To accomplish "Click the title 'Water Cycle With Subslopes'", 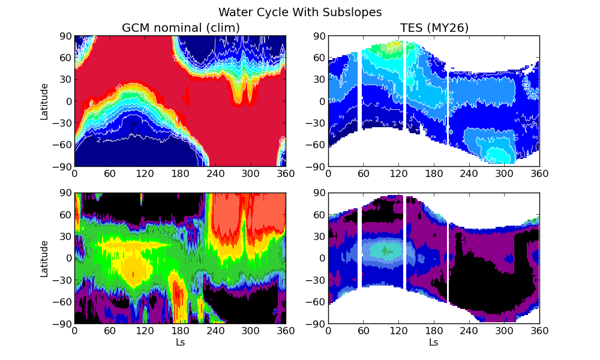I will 300,12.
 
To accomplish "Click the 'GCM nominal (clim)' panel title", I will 181,28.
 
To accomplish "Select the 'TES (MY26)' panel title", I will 434,28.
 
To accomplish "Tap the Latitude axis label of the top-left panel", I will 44,101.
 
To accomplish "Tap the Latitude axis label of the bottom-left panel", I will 44,259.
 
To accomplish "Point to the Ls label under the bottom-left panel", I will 180,343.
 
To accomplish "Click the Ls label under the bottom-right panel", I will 434,343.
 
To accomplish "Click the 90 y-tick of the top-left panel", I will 65,36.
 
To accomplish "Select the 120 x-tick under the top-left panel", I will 145,173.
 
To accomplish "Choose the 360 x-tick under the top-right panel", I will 539,173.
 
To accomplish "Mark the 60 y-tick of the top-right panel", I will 319,58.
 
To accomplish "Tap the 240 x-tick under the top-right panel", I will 469,173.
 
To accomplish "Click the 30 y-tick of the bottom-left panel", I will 65,236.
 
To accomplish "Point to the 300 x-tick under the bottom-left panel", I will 250,331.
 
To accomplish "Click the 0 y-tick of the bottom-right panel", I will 321,259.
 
